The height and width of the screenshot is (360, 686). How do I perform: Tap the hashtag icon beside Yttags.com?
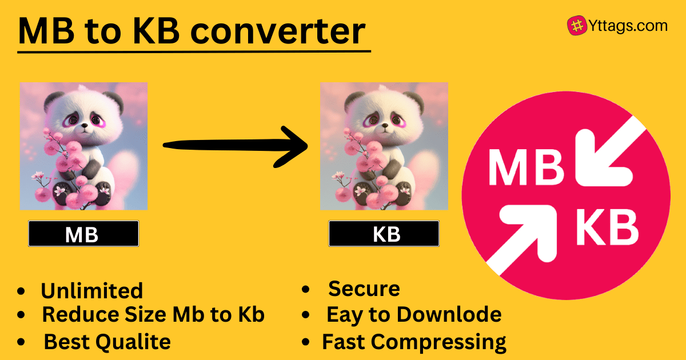(x=576, y=25)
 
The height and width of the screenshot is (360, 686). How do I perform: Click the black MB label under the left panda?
(x=83, y=234)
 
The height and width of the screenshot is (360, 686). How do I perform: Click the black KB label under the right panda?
(x=384, y=234)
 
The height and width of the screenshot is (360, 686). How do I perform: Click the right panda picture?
(x=384, y=146)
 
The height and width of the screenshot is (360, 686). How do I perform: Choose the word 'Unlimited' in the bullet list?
(x=91, y=291)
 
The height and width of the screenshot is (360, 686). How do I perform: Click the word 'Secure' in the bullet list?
(x=364, y=289)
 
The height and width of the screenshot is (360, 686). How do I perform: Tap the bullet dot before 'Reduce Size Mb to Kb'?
(x=21, y=314)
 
